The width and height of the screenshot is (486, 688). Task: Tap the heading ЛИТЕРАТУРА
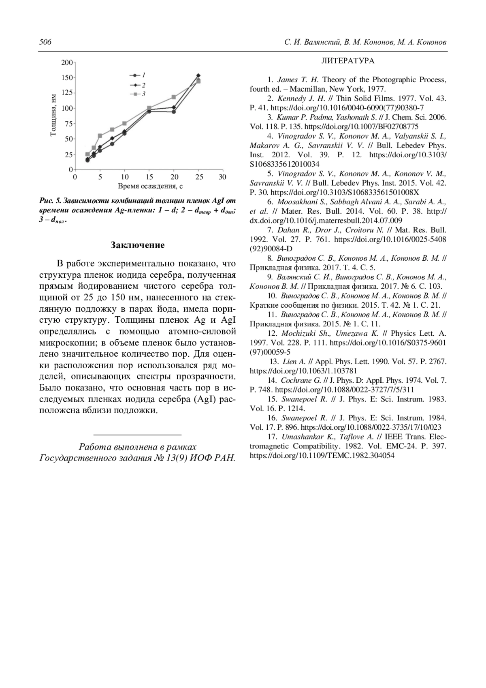click(348, 61)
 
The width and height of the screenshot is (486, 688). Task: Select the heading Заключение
click(137, 245)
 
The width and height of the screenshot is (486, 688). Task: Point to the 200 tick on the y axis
click(67, 62)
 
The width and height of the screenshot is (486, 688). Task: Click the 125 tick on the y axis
click(67, 93)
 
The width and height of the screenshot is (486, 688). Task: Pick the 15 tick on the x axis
click(149, 177)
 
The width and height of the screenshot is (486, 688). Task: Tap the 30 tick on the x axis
click(222, 177)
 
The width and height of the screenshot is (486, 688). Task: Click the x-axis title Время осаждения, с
click(150, 186)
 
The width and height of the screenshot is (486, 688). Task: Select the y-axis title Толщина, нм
click(53, 116)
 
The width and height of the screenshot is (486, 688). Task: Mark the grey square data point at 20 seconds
click(174, 97)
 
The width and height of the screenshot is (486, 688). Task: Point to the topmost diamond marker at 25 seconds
click(198, 75)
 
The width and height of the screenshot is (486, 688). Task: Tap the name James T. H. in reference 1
click(298, 80)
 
